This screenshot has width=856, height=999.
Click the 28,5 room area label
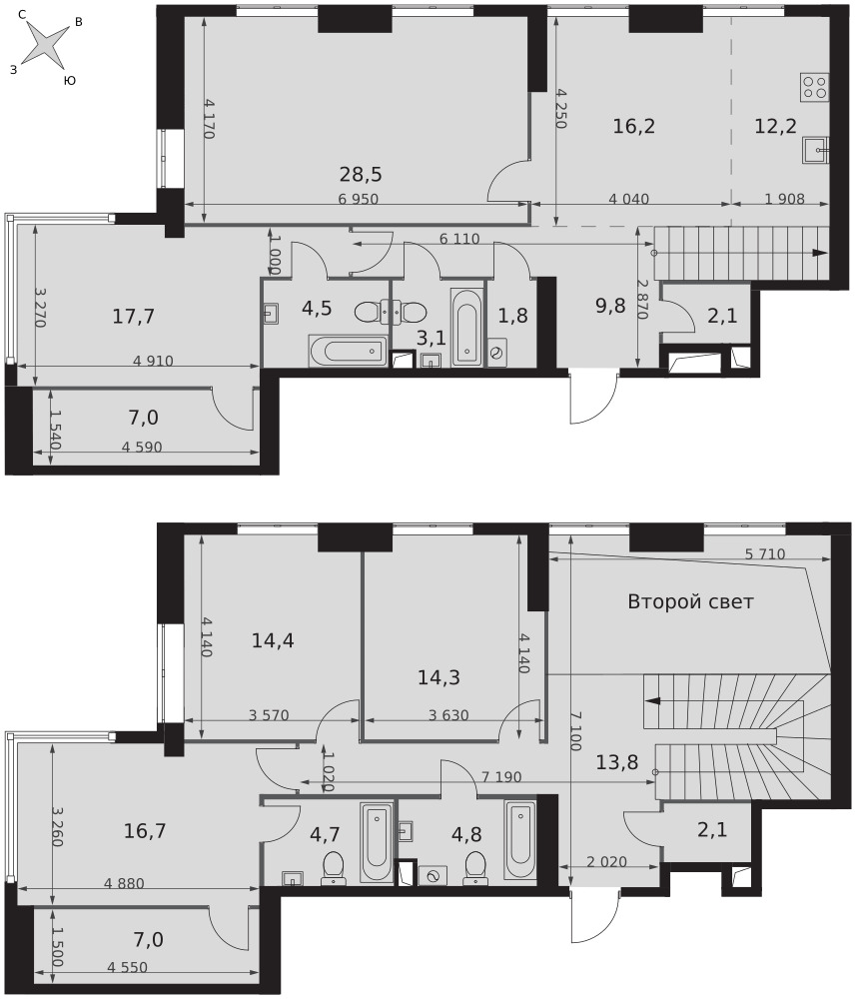361,174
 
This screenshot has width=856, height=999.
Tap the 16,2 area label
633,126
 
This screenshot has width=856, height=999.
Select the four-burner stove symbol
815,87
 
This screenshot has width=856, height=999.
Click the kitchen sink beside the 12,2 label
816,151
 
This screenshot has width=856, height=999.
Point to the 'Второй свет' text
690,601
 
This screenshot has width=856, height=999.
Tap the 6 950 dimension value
358,200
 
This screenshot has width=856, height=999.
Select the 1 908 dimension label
785,199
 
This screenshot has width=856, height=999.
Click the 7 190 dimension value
501,777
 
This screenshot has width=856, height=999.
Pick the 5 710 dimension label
765,554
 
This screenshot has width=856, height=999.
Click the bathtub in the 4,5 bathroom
348,351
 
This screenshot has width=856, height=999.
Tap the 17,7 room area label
133,316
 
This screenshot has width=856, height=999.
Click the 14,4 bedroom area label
273,640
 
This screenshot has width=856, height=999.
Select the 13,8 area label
616,761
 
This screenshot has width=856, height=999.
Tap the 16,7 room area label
145,831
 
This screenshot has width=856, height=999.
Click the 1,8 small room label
512,316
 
